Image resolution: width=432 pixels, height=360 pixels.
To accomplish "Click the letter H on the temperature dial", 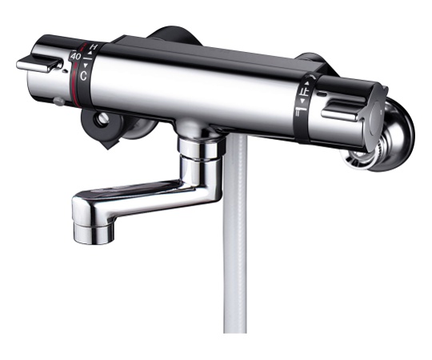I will [93, 48].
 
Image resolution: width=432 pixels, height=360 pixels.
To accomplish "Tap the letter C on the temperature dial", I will [82, 76].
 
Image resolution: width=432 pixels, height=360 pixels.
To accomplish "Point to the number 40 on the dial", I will [74, 58].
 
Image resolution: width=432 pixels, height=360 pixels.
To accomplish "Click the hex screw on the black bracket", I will [101, 118].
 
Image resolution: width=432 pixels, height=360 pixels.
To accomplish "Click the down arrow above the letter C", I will [86, 69].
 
